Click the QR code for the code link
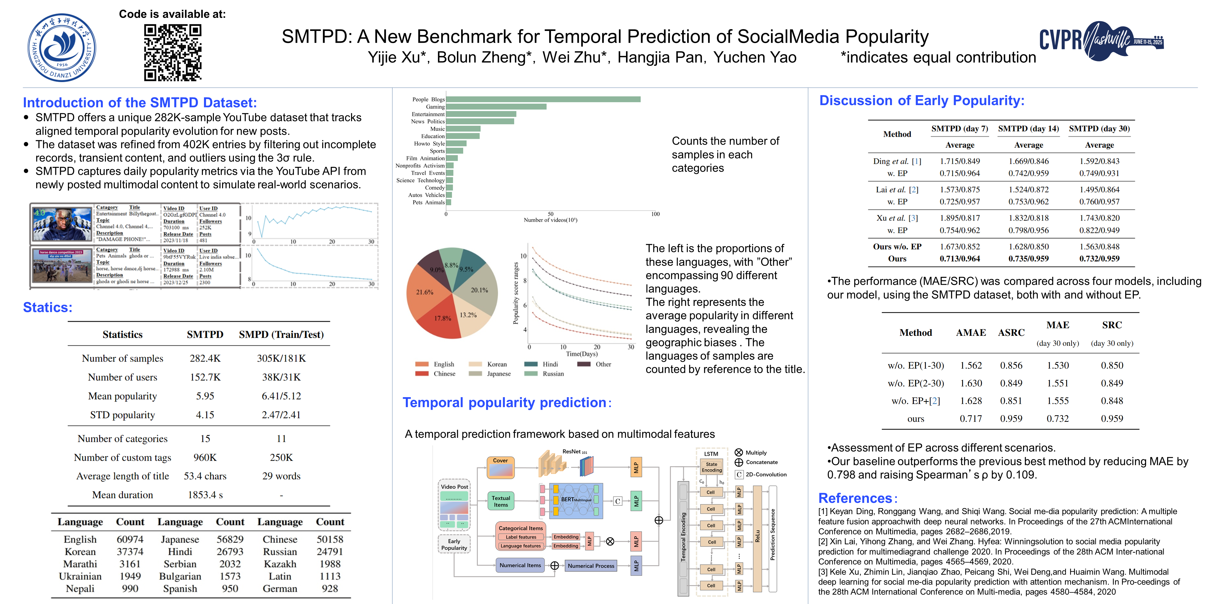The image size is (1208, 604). [172, 52]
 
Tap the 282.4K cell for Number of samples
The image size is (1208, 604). [205, 358]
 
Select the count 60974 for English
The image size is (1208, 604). [130, 539]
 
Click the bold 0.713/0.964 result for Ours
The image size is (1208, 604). [959, 258]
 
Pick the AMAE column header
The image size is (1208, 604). [971, 332]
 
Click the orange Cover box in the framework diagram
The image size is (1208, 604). [500, 467]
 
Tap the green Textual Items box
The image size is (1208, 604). [500, 501]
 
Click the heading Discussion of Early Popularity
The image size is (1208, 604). [921, 101]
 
